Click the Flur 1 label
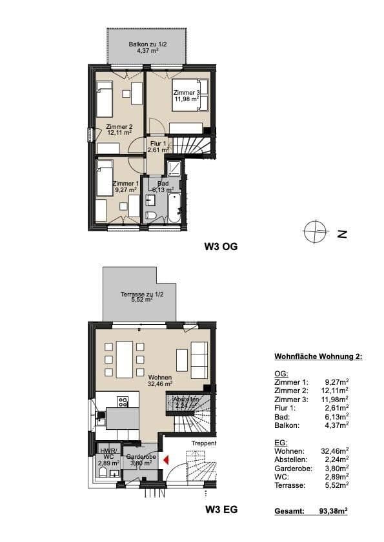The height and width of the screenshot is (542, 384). [157, 146]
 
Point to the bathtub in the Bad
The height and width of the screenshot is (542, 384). [174, 206]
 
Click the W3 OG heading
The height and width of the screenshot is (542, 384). [221, 246]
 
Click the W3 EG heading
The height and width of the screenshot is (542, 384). [221, 509]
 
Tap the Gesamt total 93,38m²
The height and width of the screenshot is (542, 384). [333, 510]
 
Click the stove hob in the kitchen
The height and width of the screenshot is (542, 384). [123, 402]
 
